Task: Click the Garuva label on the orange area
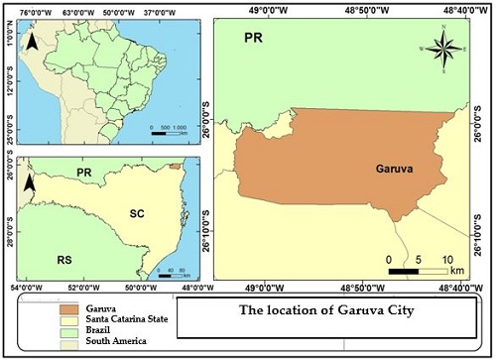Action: (395, 169)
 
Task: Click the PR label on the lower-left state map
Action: (84, 173)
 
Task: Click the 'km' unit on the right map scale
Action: (457, 270)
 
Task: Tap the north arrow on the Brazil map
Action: (32, 42)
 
